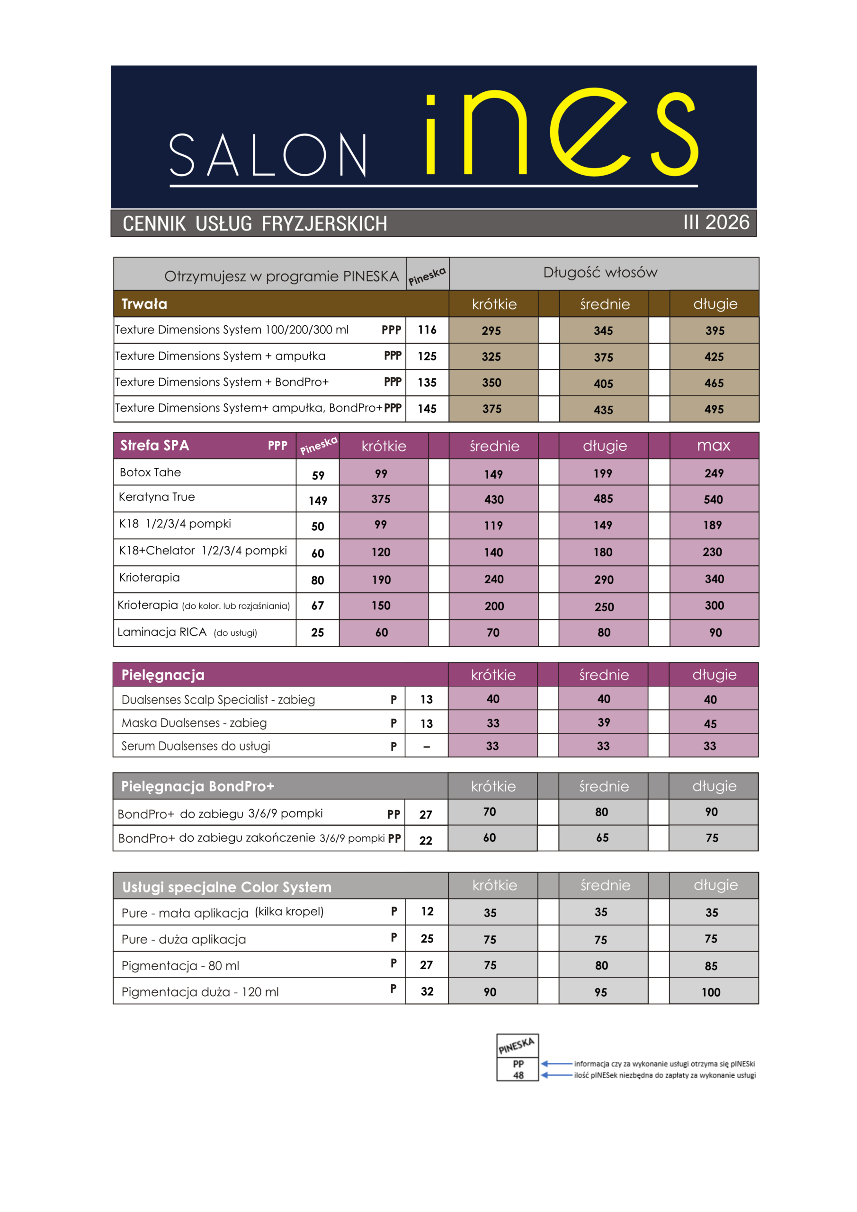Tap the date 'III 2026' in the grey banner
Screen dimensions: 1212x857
[x=716, y=222]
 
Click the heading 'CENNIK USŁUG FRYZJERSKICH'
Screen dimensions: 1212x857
[x=255, y=223]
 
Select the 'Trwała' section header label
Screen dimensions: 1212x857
[x=144, y=304]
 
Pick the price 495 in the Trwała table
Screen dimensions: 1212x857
[x=714, y=409]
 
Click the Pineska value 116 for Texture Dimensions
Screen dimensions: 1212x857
[x=427, y=330]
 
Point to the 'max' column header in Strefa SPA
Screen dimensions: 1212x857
[x=714, y=446]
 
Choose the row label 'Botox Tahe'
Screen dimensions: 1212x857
[x=151, y=472]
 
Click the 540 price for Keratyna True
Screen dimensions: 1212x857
[x=714, y=499]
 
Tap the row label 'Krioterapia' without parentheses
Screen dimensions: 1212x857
[x=150, y=578]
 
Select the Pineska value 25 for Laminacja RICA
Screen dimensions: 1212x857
[x=317, y=633]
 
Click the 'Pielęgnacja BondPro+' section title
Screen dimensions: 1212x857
[x=198, y=786]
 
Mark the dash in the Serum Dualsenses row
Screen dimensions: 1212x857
[x=427, y=747]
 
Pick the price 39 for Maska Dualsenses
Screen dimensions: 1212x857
[x=604, y=722]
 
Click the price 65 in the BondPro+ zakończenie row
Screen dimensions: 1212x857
[x=602, y=838]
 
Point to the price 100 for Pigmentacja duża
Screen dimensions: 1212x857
[x=711, y=992]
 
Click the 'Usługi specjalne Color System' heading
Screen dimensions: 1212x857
[x=227, y=887]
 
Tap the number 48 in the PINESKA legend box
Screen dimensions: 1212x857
[x=518, y=1075]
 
